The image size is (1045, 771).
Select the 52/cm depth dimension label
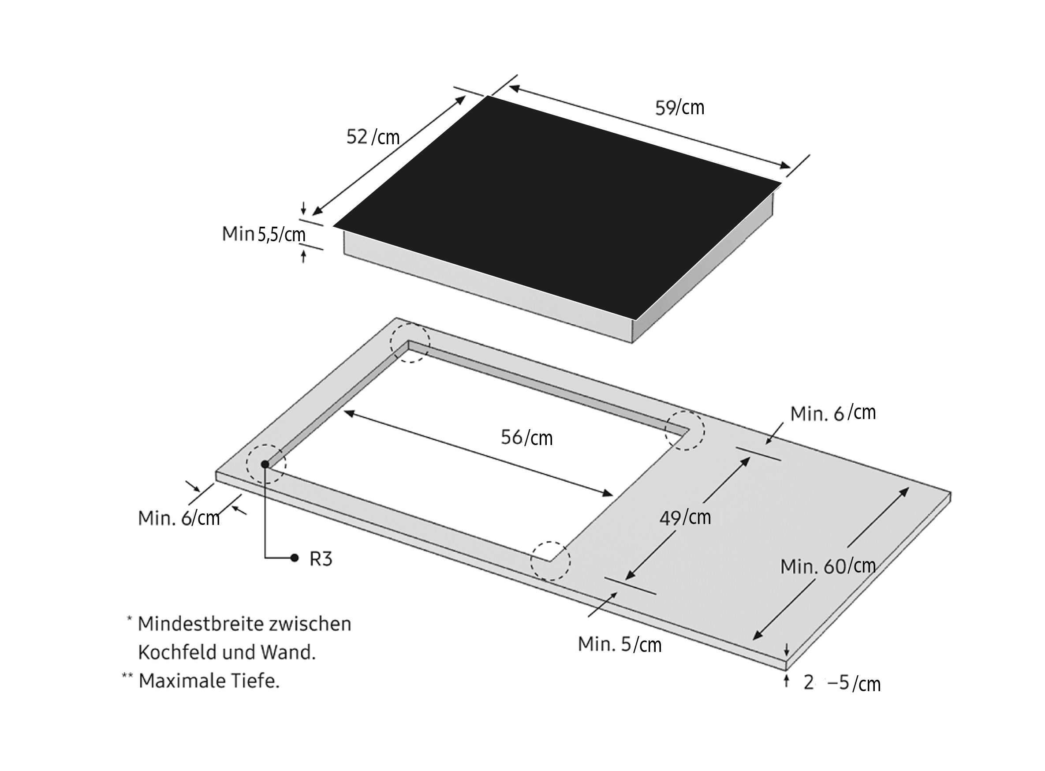373,137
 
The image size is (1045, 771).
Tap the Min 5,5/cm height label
264,234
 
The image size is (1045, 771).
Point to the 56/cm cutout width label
527,438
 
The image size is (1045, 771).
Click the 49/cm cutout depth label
685,517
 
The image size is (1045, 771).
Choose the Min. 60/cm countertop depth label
828,567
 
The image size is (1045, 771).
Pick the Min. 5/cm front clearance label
620,644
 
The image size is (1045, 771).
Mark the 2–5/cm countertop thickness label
842,683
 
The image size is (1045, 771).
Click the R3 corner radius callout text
321,559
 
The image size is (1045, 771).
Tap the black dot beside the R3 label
294,558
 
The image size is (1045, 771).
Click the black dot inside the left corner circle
265,464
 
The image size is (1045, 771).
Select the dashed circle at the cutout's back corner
410,342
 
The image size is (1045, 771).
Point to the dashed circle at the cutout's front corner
550,561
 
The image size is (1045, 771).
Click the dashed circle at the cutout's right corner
685,430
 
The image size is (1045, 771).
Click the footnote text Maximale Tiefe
209,681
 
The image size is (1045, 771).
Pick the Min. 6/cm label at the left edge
179,519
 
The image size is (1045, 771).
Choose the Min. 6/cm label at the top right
833,413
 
